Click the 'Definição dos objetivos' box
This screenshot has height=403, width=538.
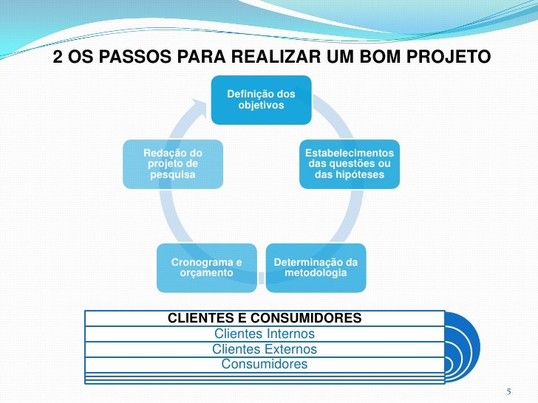pyautogui.click(x=261, y=100)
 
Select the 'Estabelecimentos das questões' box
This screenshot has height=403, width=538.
pyautogui.click(x=350, y=164)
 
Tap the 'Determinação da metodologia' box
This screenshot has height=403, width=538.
pyautogui.click(x=316, y=268)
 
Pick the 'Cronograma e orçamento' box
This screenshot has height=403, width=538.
pyautogui.click(x=207, y=268)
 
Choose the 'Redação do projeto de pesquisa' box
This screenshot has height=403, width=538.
pyautogui.click(x=173, y=164)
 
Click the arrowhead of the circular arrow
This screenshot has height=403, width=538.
pyautogui.click(x=199, y=107)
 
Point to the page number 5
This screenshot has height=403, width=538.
pyautogui.click(x=509, y=391)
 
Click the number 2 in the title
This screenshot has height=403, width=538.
pyautogui.click(x=58, y=57)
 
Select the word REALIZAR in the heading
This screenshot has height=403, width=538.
pyautogui.click(x=277, y=57)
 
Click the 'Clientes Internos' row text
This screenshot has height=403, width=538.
pyautogui.click(x=265, y=334)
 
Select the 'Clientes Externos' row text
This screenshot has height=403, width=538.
pyautogui.click(x=265, y=349)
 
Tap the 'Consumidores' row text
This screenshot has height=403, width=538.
pyautogui.click(x=265, y=364)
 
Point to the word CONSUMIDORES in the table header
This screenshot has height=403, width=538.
pyautogui.click(x=306, y=318)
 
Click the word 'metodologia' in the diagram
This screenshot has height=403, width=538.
pyautogui.click(x=316, y=273)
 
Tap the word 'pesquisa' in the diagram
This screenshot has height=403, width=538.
pyautogui.click(x=173, y=175)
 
